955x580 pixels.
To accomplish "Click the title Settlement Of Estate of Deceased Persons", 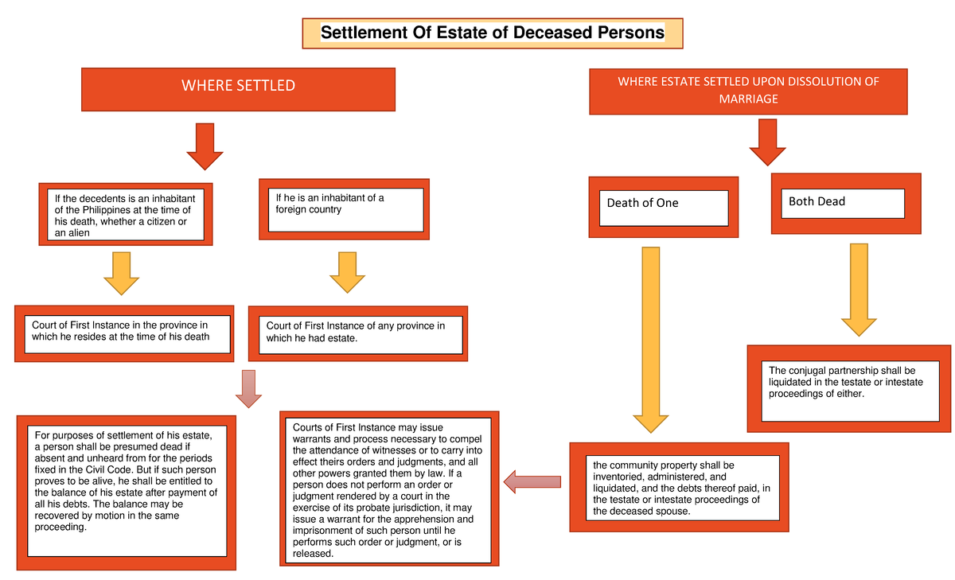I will pyautogui.click(x=492, y=33).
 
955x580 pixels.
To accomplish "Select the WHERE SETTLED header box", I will pyautogui.click(x=238, y=89).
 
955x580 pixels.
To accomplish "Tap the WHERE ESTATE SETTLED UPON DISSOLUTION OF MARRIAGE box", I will pyautogui.click(x=748, y=91).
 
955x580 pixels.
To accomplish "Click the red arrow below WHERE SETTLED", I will pyautogui.click(x=205, y=146).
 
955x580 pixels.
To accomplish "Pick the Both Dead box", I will pyautogui.click(x=846, y=204).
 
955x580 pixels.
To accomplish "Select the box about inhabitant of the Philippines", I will pyautogui.click(x=125, y=214).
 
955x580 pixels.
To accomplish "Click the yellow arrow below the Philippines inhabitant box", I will pyautogui.click(x=121, y=273).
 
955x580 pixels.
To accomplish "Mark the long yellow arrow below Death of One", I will pyautogui.click(x=651, y=338).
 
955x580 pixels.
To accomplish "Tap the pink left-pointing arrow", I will pyautogui.click(x=532, y=481).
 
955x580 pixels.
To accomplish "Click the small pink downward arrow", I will pyautogui.click(x=248, y=388).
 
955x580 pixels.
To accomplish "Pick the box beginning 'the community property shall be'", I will pyautogui.click(x=678, y=487).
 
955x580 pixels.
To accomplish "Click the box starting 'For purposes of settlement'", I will pyautogui.click(x=127, y=492).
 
